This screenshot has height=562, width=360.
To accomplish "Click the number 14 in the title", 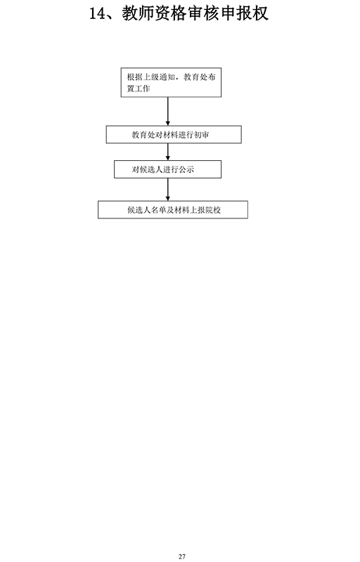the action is click(x=98, y=13).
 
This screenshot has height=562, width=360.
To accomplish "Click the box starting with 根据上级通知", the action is click(x=171, y=82).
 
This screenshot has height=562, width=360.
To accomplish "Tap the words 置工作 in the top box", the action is click(x=139, y=89).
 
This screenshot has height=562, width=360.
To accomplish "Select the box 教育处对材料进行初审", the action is click(x=174, y=135).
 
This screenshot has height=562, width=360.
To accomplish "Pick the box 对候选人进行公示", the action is click(x=168, y=169).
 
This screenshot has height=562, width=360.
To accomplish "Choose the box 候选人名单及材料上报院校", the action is click(x=173, y=209).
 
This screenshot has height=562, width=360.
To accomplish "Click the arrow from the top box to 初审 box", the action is click(x=168, y=112).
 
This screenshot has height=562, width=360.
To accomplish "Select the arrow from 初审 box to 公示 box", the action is click(x=168, y=152).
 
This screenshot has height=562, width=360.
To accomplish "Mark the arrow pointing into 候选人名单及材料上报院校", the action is click(x=168, y=189).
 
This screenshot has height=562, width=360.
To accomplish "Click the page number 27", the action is click(x=182, y=556).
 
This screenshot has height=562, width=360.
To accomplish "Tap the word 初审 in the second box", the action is click(x=202, y=135).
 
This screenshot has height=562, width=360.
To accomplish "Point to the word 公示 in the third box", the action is click(x=186, y=169).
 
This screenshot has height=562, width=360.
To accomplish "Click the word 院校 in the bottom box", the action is click(x=213, y=210).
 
